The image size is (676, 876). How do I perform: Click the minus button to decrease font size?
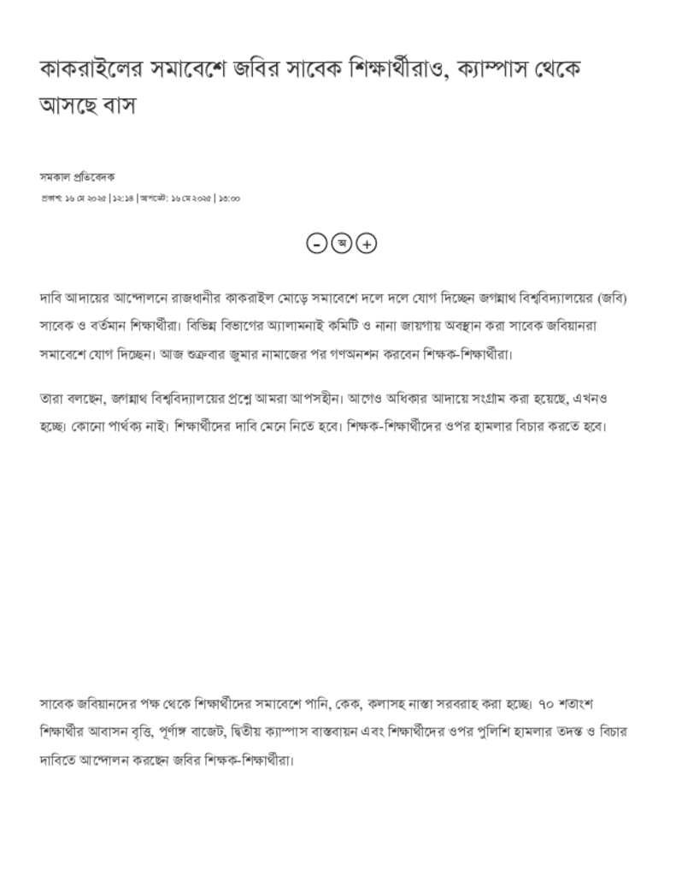[316, 244]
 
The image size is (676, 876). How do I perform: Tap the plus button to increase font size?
[366, 244]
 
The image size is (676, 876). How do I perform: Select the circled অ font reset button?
[341, 244]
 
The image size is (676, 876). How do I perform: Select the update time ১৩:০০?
[229, 198]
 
